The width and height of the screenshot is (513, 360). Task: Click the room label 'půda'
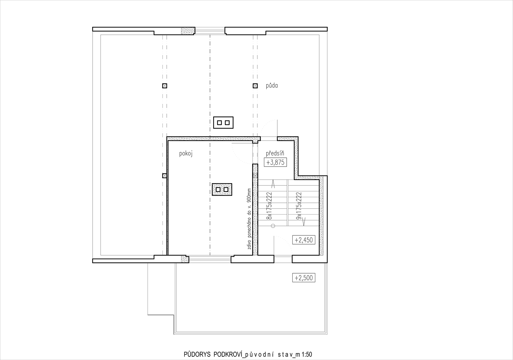pyautogui.click(x=272, y=86)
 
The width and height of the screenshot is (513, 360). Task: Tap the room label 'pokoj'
pyautogui.click(x=186, y=154)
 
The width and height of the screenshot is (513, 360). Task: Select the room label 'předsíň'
pyautogui.click(x=275, y=153)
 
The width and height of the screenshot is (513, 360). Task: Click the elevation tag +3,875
pyautogui.click(x=275, y=163)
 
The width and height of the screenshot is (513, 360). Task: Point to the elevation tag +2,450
pyautogui.click(x=304, y=240)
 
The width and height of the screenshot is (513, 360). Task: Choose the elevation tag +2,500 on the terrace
pyautogui.click(x=304, y=278)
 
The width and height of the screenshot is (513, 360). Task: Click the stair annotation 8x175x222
pyautogui.click(x=269, y=206)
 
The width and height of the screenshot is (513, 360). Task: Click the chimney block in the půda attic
pyautogui.click(x=223, y=123)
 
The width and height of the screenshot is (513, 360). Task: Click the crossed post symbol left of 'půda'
pyautogui.click(x=255, y=86)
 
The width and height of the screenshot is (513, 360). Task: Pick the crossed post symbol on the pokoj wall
pyautogui.click(x=164, y=176)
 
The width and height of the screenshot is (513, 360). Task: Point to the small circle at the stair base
pyautogui.click(x=273, y=226)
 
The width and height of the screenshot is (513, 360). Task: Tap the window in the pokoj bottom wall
pyautogui.click(x=210, y=259)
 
